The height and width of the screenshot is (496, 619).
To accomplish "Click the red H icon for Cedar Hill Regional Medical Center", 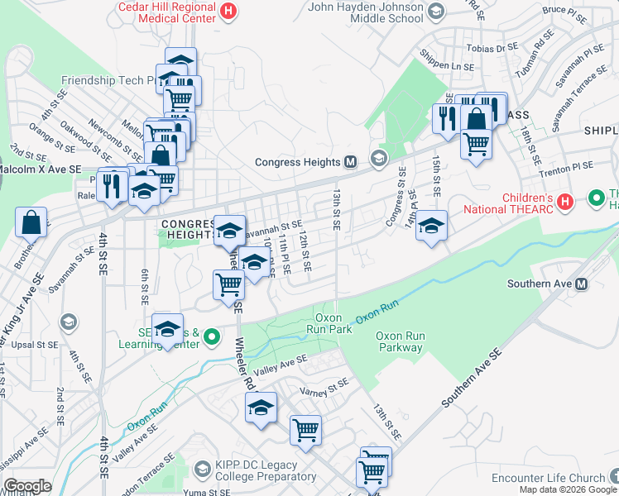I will click(229, 12).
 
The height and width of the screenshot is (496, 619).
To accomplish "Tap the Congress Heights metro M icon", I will click(350, 161).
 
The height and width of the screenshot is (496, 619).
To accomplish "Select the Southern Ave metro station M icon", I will click(581, 284).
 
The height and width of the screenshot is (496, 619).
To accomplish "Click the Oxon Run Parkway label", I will click(399, 341).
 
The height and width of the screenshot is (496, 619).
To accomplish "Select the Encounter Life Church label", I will click(549, 478).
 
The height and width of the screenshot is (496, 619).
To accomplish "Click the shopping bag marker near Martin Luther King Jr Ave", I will click(31, 222).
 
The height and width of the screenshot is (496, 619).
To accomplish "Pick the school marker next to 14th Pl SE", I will click(431, 225).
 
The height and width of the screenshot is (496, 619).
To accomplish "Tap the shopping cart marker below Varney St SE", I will click(305, 430).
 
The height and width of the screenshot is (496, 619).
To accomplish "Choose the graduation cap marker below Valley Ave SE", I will click(261, 408).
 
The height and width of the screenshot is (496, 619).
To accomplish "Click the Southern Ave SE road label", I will click(472, 378).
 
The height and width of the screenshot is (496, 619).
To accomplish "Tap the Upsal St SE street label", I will click(30, 343).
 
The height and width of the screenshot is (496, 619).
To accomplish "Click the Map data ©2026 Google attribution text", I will click(568, 489).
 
